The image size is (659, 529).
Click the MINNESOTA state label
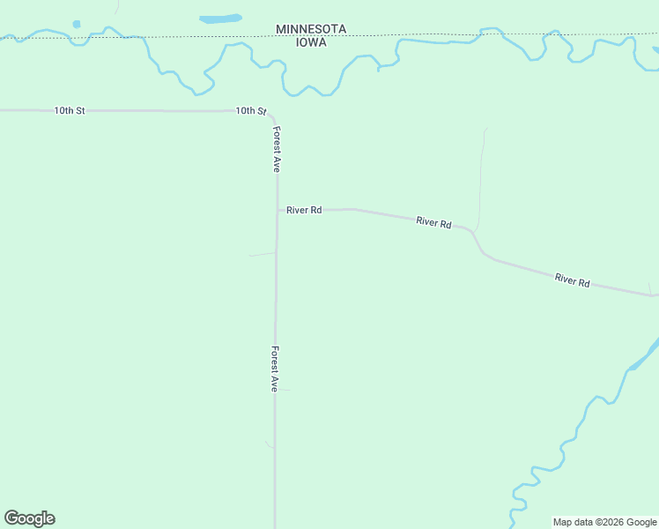pyautogui.click(x=311, y=29)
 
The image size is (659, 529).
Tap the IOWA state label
pyautogui.click(x=311, y=41)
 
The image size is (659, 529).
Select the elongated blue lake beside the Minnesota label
pyautogui.click(x=220, y=18)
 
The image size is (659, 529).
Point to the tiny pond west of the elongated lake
pyautogui.click(x=77, y=24)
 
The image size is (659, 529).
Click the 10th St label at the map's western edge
pyautogui.click(x=69, y=111)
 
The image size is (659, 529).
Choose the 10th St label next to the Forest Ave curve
pyautogui.click(x=250, y=111)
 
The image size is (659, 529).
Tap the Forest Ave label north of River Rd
pyautogui.click(x=277, y=149)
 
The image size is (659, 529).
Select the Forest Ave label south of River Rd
pyautogui.click(x=276, y=369)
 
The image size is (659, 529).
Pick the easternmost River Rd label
pyautogui.click(x=572, y=280)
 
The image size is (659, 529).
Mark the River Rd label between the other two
pyautogui.click(x=433, y=223)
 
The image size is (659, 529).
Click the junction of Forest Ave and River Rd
pyautogui.click(x=278, y=210)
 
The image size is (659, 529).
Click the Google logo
pyautogui.click(x=29, y=518)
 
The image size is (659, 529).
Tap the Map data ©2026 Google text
pyautogui.click(x=604, y=522)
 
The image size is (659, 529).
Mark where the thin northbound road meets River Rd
pyautogui.click(x=475, y=232)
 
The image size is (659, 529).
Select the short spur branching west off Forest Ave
pyautogui.click(x=262, y=255)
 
